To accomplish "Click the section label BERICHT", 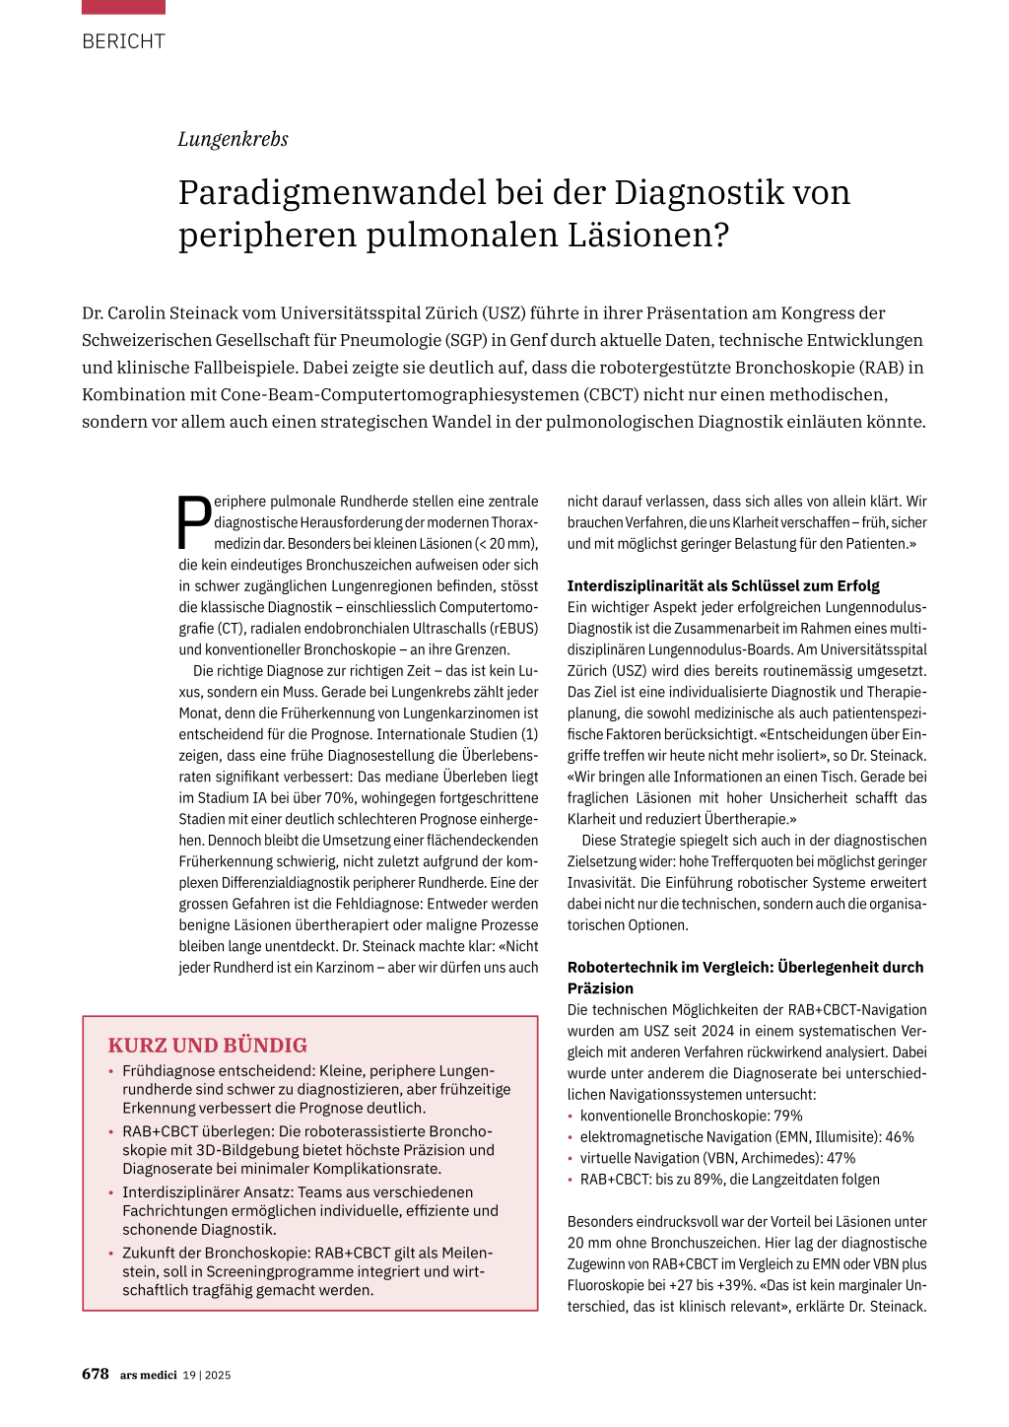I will (x=123, y=41).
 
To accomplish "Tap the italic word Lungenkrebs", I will (x=233, y=139).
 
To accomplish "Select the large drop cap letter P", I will (x=194, y=522).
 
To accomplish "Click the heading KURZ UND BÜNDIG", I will (x=207, y=1046).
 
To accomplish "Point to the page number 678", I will (x=96, y=1374).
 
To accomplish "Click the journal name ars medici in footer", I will (x=149, y=1375).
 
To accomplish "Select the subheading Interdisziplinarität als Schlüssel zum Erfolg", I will (x=723, y=585).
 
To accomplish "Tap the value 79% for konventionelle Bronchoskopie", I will (x=788, y=1116).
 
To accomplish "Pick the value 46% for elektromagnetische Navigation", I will (x=900, y=1137).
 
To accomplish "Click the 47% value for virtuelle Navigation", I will (x=841, y=1158).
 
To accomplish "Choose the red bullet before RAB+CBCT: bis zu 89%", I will (x=571, y=1180).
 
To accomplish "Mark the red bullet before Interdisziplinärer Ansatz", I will (x=111, y=1192).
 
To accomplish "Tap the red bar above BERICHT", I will (x=123, y=7).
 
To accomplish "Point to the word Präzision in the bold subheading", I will (x=600, y=988).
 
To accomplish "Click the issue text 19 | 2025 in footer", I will (x=207, y=1375).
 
